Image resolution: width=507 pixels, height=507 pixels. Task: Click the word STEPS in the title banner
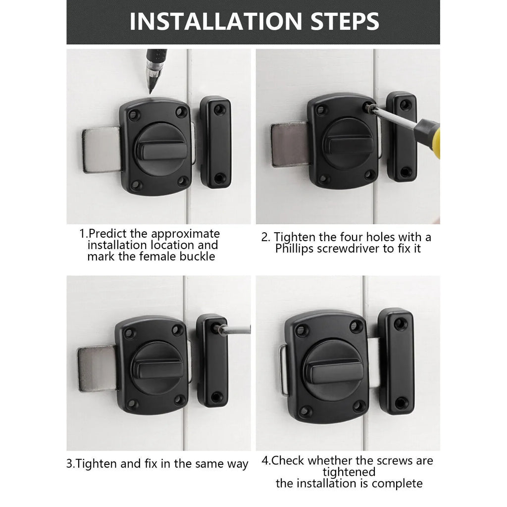pyautogui.click(x=337, y=21)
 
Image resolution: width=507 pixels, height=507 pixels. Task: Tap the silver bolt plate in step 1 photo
pyautogui.click(x=101, y=150)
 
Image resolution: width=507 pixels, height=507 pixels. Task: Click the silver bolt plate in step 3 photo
pyautogui.click(x=97, y=368)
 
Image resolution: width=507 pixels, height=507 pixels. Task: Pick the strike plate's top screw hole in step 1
pyautogui.click(x=219, y=109)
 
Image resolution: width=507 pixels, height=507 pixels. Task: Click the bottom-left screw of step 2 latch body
pyautogui.click(x=324, y=179)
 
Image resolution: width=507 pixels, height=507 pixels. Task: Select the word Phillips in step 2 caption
pyautogui.click(x=295, y=249)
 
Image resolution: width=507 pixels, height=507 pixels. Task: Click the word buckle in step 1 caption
pyautogui.click(x=198, y=256)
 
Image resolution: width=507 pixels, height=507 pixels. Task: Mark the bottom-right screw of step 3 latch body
pyautogui.click(x=180, y=399)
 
